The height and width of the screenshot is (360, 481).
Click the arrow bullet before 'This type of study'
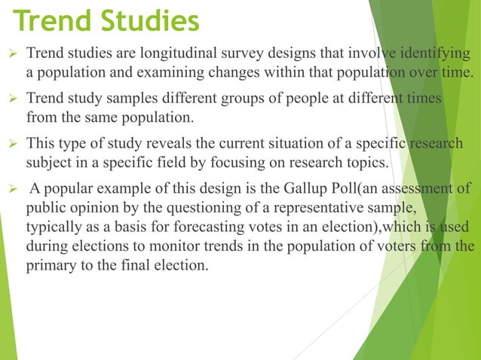[x=11, y=145]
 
